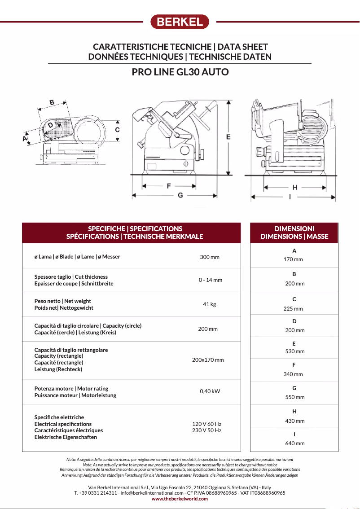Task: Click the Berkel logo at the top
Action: pos(180,22)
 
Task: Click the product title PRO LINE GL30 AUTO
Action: pos(180,72)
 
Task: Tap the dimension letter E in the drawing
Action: pos(228,137)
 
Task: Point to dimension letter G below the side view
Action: pos(180,195)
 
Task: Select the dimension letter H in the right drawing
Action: pos(295,187)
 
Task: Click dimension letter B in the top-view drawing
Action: pos(52,102)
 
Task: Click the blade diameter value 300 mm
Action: pos(210,257)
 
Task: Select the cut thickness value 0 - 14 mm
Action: pos(211,280)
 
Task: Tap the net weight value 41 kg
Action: pos(209,304)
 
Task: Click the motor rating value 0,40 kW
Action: pos(210,391)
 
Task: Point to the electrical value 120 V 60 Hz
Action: pos(207,424)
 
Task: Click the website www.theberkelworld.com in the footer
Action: pos(180,499)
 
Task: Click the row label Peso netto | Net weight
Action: pos(63,301)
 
